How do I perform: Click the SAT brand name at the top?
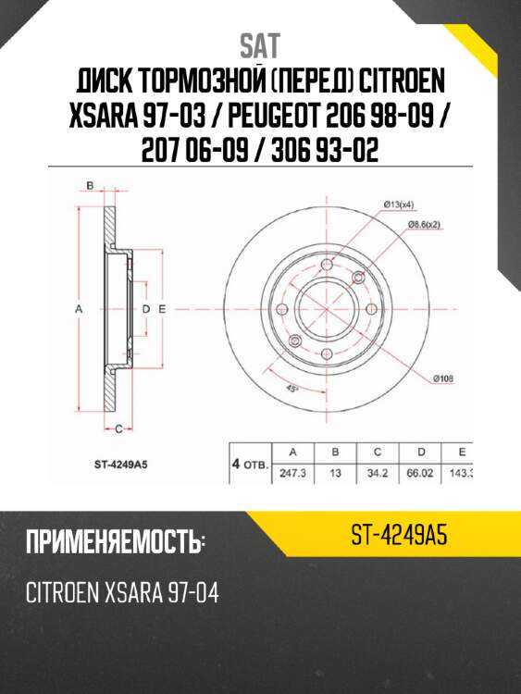(260, 45)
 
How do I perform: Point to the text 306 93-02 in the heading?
(320, 149)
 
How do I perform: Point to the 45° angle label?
(292, 390)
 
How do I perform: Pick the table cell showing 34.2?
(378, 473)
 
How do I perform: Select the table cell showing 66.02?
(421, 473)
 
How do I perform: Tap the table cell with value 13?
(335, 473)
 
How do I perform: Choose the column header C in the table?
(378, 452)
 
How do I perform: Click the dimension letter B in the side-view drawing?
(91, 187)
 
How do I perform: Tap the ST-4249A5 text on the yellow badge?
(400, 534)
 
